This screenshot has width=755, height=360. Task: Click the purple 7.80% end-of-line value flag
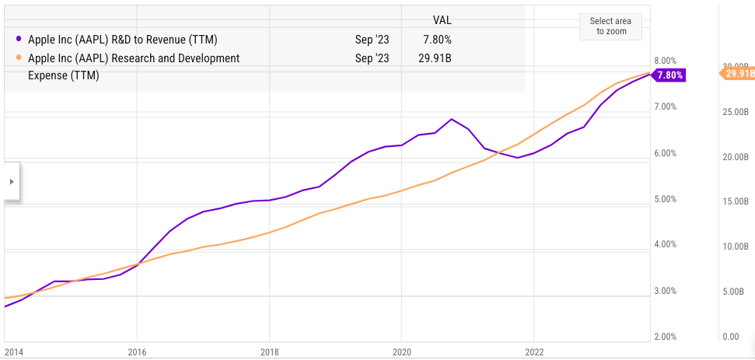click(669, 75)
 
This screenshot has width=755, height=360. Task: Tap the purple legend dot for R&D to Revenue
click(18, 38)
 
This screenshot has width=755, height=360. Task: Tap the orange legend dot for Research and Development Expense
click(18, 58)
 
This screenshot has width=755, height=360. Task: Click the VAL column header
click(442, 19)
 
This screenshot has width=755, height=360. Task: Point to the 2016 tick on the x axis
click(136, 351)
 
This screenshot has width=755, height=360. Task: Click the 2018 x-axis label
click(269, 351)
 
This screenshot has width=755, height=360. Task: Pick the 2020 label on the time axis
click(401, 351)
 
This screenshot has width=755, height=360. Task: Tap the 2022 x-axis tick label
click(534, 351)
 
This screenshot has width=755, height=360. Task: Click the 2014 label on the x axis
click(13, 351)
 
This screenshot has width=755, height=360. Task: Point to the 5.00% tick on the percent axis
click(664, 199)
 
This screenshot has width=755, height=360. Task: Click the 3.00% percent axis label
click(664, 291)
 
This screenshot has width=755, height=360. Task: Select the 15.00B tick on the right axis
click(735, 202)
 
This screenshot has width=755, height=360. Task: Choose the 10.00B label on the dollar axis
click(735, 247)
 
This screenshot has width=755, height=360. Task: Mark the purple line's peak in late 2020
click(452, 119)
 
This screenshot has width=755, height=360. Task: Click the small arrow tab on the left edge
click(10, 181)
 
